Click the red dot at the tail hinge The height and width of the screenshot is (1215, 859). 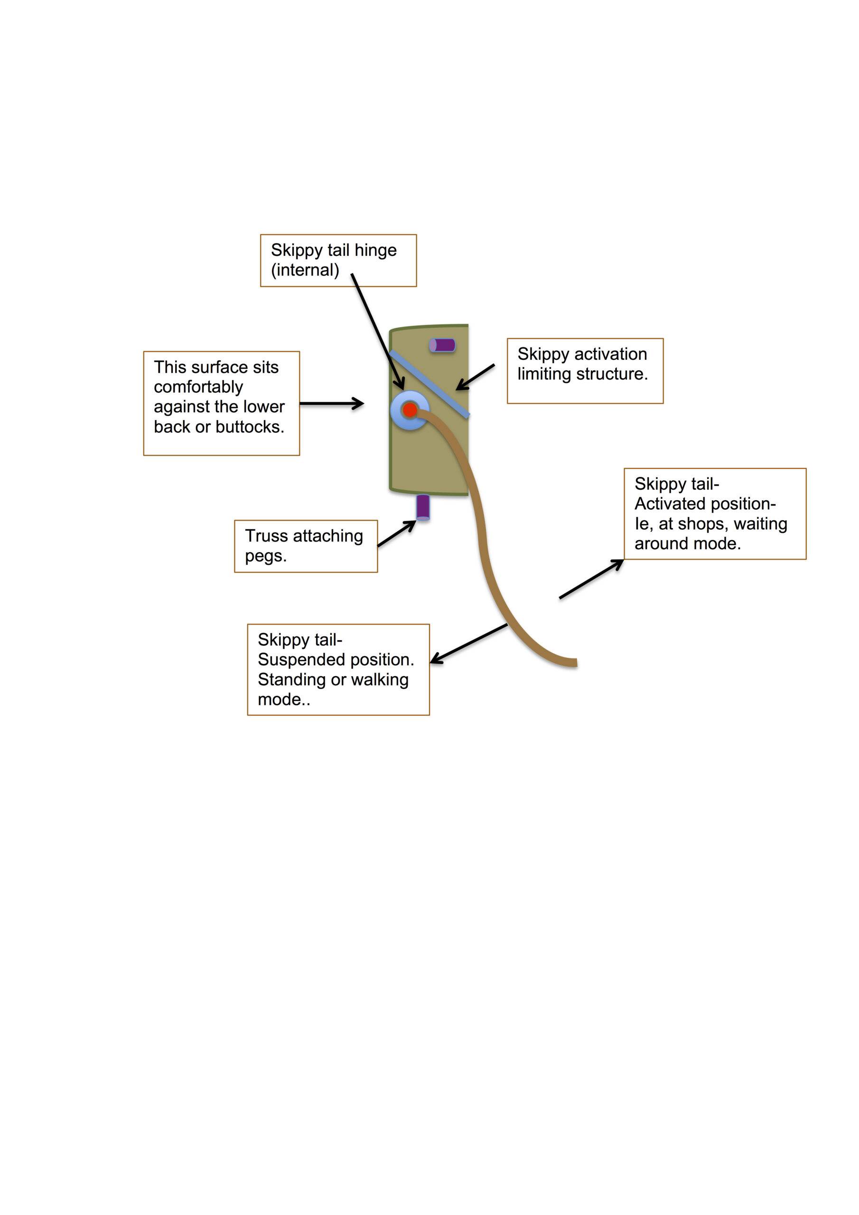tap(410, 410)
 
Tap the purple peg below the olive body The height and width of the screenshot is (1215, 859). tap(423, 507)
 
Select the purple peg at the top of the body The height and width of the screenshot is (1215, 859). tap(442, 345)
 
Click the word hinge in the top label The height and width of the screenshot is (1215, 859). tap(375, 250)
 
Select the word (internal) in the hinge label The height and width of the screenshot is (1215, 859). tap(305, 270)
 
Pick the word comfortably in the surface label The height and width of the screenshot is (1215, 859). tap(198, 387)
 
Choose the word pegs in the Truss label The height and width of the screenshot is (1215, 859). tap(266, 556)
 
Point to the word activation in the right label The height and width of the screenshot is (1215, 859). tap(611, 354)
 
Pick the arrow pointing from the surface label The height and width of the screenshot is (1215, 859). tap(332, 403)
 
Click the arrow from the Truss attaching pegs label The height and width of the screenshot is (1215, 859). tap(396, 533)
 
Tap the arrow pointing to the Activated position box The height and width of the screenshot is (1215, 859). tap(592, 579)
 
